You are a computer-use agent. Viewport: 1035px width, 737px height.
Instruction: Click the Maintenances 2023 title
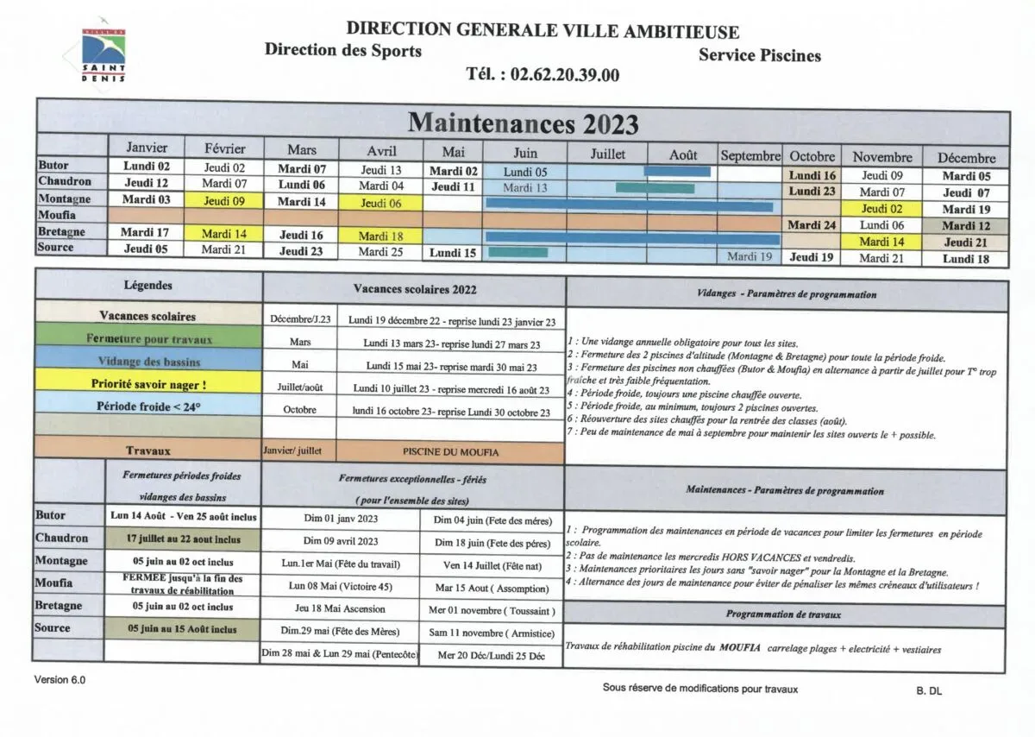point(523,123)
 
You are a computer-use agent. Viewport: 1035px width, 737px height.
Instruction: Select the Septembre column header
point(750,156)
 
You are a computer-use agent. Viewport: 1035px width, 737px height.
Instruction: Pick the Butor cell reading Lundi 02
point(146,167)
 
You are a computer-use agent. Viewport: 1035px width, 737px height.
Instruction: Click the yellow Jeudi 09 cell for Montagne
point(224,201)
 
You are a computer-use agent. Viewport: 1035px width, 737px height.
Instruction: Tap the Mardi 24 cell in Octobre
point(812,226)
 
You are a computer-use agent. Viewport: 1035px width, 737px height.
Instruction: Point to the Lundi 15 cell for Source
point(453,254)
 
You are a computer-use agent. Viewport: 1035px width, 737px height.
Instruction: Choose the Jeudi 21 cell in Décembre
point(965,243)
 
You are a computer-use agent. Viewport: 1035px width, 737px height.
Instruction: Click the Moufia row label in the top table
point(57,215)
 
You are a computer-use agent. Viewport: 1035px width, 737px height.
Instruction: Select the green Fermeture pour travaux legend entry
point(148,339)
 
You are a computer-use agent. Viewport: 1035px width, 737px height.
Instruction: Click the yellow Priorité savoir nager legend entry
point(148,384)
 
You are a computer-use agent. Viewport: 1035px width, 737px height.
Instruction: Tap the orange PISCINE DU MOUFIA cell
point(450,451)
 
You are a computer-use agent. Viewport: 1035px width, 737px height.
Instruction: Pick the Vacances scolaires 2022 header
point(414,290)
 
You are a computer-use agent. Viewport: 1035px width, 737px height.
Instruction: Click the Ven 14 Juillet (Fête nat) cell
point(492,565)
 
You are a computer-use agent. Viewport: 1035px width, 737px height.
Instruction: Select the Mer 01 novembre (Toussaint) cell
point(492,611)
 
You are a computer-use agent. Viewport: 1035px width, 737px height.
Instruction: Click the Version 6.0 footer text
point(60,680)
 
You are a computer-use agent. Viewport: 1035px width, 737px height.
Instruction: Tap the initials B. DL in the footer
point(929,690)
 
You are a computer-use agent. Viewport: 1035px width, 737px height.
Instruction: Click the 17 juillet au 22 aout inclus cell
point(183,539)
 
